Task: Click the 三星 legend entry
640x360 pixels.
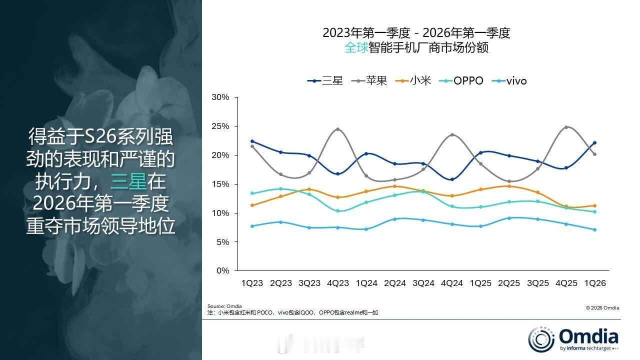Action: pyautogui.click(x=325, y=80)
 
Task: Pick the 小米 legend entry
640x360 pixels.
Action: pyautogui.click(x=413, y=80)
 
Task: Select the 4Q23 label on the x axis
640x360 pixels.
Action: pyautogui.click(x=338, y=283)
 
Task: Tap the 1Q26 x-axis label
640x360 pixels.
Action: pyautogui.click(x=594, y=283)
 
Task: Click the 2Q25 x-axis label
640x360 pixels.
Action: pyautogui.click(x=509, y=283)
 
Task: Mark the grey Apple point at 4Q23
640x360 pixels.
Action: pyautogui.click(x=338, y=129)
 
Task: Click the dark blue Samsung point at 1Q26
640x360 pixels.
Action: pyautogui.click(x=594, y=142)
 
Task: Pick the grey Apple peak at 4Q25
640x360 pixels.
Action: pyautogui.click(x=566, y=127)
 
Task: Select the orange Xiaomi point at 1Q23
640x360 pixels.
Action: pyautogui.click(x=252, y=205)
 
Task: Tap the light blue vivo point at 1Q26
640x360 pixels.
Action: pyautogui.click(x=594, y=230)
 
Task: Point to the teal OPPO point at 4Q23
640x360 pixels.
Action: pyautogui.click(x=338, y=211)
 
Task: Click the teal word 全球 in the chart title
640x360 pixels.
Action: pyautogui.click(x=356, y=48)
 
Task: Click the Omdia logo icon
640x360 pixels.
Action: pyautogui.click(x=541, y=338)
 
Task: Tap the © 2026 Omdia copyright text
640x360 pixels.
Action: pyautogui.click(x=602, y=308)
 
